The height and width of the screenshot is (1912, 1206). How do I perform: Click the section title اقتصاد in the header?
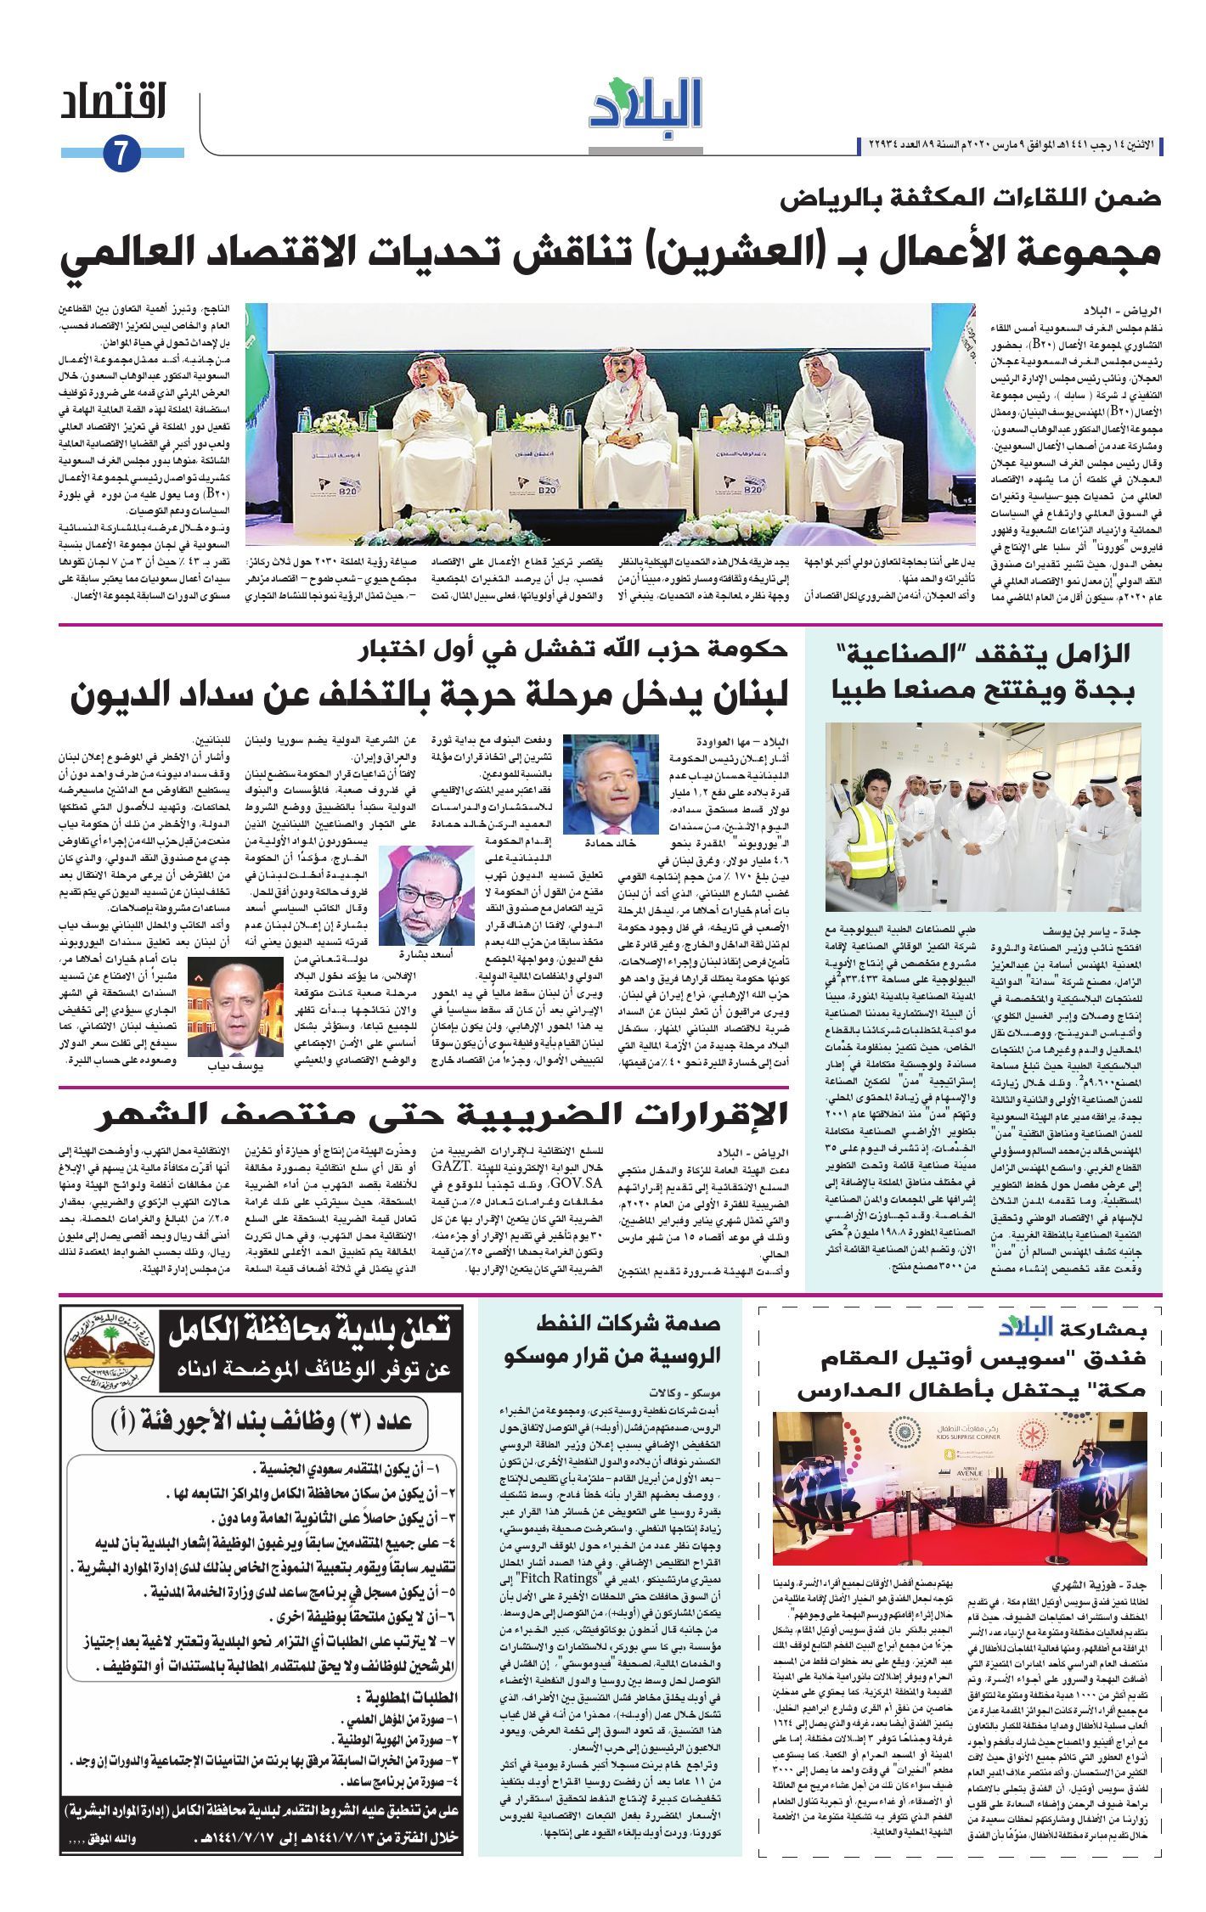click(113, 104)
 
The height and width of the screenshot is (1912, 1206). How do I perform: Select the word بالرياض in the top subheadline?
click(829, 201)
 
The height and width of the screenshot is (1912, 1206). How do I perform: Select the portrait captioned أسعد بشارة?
click(426, 897)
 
